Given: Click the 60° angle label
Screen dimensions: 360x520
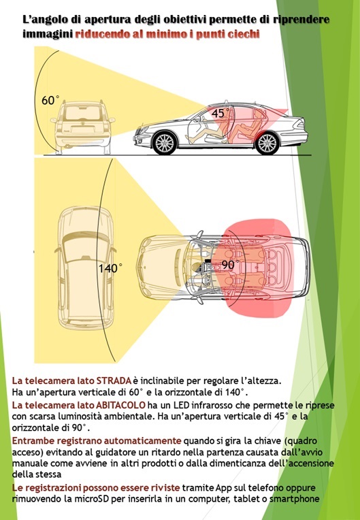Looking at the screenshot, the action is pyautogui.click(x=50, y=100).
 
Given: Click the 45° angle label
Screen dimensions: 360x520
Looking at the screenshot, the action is pyautogui.click(x=220, y=113).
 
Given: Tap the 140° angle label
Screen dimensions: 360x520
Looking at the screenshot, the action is pyautogui.click(x=110, y=268).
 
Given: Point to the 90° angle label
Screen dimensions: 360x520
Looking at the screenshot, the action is pyautogui.click(x=231, y=265).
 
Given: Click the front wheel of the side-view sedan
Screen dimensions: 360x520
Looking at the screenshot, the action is pyautogui.click(x=165, y=143).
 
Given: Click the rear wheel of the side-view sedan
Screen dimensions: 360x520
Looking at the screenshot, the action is pyautogui.click(x=267, y=143).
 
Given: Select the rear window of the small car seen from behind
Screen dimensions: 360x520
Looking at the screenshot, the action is pyautogui.click(x=82, y=114).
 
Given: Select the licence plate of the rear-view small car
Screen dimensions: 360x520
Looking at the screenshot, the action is pyautogui.click(x=82, y=130).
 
